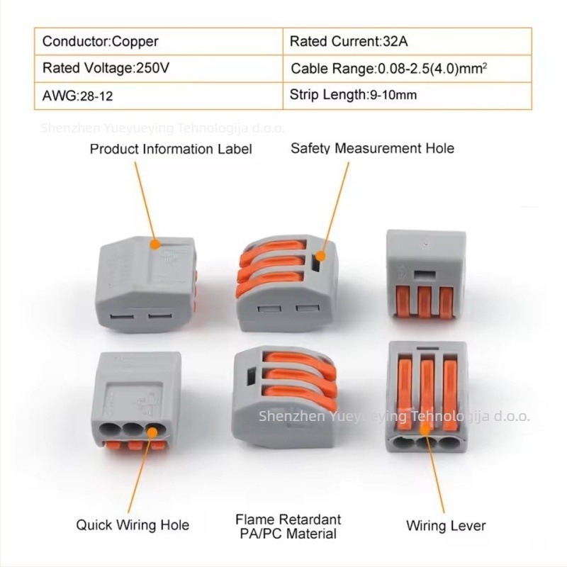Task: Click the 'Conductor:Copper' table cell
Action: (101, 41)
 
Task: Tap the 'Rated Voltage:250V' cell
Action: (106, 69)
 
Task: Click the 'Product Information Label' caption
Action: (171, 149)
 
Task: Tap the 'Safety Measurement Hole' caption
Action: (372, 148)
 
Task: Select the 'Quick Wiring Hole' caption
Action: (133, 525)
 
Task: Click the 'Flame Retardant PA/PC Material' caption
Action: (287, 527)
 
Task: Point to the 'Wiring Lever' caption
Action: (446, 526)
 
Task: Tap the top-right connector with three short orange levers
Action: (425, 280)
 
